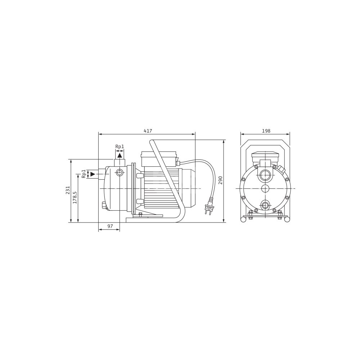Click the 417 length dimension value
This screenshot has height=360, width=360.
pyautogui.click(x=148, y=131)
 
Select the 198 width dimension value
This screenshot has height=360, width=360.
pyautogui.click(x=266, y=131)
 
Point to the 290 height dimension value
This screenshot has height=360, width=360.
pyautogui.click(x=220, y=180)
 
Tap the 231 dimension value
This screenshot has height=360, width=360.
pyautogui.click(x=68, y=190)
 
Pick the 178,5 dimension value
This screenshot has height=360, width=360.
pyautogui.click(x=75, y=198)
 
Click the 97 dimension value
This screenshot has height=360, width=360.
pyautogui.click(x=110, y=226)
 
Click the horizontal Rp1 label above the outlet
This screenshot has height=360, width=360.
pyautogui.click(x=120, y=147)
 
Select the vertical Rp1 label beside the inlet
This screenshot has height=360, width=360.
pyautogui.click(x=84, y=174)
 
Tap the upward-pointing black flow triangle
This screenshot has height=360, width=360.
pyautogui.click(x=120, y=156)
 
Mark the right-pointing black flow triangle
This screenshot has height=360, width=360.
pyautogui.click(x=93, y=174)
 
